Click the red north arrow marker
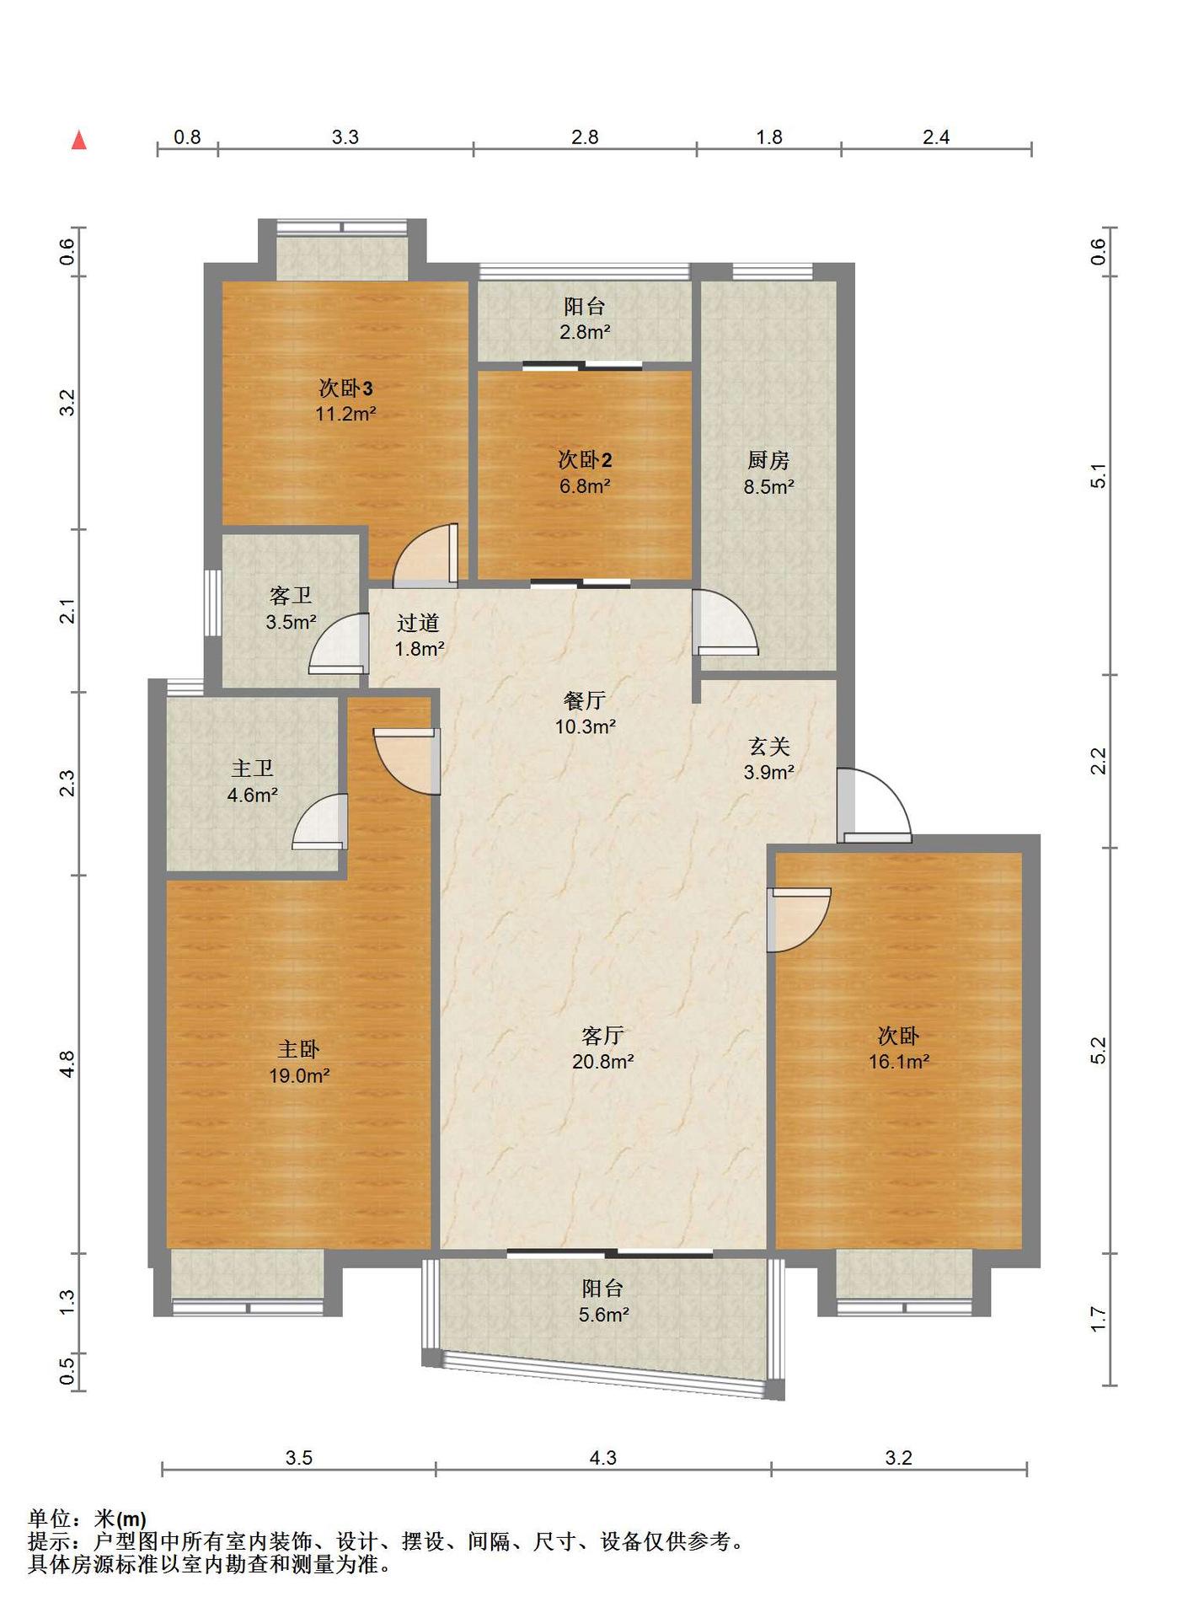[79, 139]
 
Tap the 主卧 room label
[299, 1049]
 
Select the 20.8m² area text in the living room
[603, 1062]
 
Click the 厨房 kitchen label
[768, 460]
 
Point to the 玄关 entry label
[768, 746]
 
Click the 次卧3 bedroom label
[345, 388]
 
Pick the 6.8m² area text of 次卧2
[585, 486]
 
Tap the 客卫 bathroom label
[291, 596]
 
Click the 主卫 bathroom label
[252, 769]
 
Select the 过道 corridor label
[419, 623]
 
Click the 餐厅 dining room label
[585, 700]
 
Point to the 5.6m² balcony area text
[603, 1315]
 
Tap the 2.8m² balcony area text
[585, 332]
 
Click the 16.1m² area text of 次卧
[899, 1062]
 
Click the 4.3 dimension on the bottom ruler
[603, 1458]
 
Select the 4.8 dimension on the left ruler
[67, 1063]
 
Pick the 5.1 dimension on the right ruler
[1099, 476]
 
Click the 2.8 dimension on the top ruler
[585, 137]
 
